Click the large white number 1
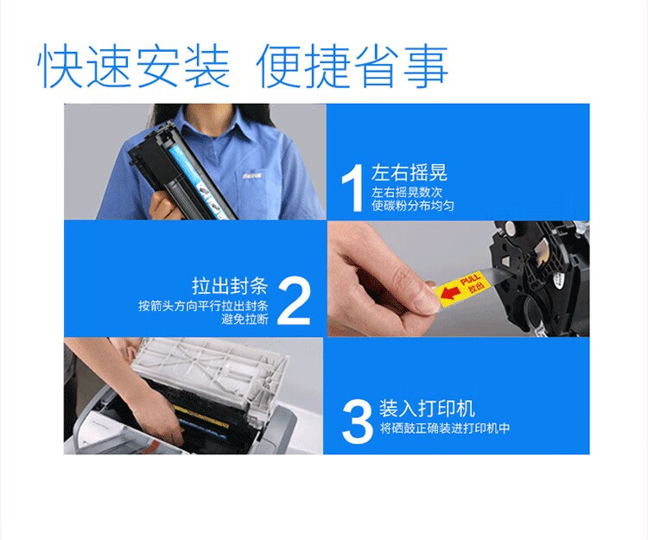(x=353, y=187)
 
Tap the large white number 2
(x=294, y=302)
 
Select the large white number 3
(x=358, y=422)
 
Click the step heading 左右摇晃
(x=410, y=173)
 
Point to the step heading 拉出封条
(x=230, y=285)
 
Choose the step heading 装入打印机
(x=427, y=408)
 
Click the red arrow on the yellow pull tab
(x=449, y=293)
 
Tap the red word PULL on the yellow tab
(x=470, y=279)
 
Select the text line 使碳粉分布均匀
(x=412, y=206)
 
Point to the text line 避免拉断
(x=245, y=319)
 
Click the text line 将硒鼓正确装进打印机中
(x=445, y=429)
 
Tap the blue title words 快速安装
(x=133, y=67)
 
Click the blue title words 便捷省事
(x=353, y=67)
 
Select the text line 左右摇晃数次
(x=407, y=192)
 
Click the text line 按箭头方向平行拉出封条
(x=203, y=306)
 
